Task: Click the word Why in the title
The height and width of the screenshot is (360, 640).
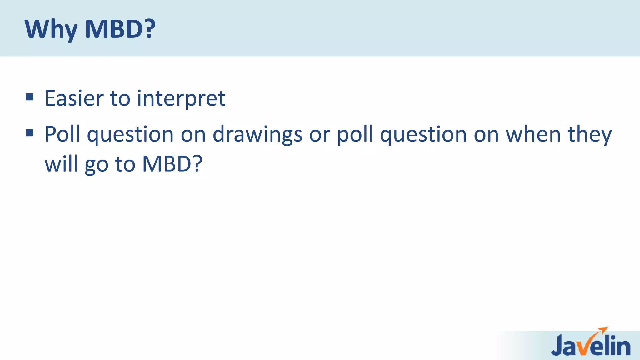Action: pyautogui.click(x=51, y=29)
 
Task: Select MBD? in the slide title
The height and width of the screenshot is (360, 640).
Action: pyautogui.click(x=120, y=29)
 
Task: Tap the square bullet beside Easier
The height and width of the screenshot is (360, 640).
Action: pyautogui.click(x=30, y=97)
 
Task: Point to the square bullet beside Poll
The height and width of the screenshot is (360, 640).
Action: pyautogui.click(x=30, y=133)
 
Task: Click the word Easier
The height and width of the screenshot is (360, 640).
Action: pyautogui.click(x=74, y=98)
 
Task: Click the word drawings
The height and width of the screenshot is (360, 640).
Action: pyautogui.click(x=257, y=135)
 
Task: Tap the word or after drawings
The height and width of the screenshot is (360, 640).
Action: pyautogui.click(x=319, y=135)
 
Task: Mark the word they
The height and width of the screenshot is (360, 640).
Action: pyautogui.click(x=590, y=135)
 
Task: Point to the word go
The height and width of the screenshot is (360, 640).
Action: pyautogui.click(x=96, y=165)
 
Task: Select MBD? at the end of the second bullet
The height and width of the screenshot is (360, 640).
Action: pyautogui.click(x=172, y=164)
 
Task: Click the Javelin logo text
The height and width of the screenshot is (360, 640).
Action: pyautogui.click(x=591, y=346)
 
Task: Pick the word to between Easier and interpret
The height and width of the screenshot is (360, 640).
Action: pyautogui.click(x=120, y=99)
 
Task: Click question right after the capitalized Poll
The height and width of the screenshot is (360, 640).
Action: pyautogui.click(x=130, y=135)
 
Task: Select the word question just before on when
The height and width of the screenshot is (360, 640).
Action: pyautogui.click(x=423, y=135)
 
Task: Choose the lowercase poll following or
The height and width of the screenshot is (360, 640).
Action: pyautogui.click(x=355, y=135)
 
